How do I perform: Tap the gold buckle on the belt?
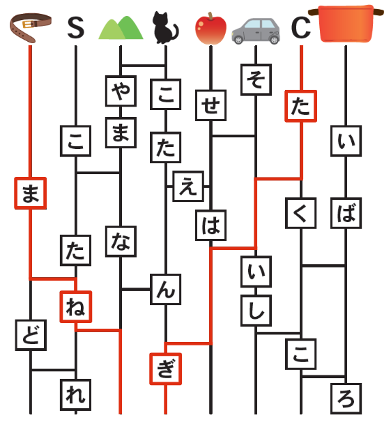point(27,25)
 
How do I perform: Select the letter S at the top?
point(76,28)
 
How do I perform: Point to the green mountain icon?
point(121,28)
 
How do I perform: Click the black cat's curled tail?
point(175,32)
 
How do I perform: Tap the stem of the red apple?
point(210,16)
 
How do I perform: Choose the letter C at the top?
point(301,28)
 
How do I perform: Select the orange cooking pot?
point(346,24)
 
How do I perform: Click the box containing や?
point(121,91)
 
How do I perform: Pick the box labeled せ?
point(211,105)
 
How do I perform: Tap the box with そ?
point(256,79)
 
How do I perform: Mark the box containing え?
point(188,186)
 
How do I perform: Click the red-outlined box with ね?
point(76,306)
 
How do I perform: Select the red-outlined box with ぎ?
point(166,368)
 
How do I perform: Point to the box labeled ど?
point(31,335)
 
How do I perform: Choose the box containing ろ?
point(346,398)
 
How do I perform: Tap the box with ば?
point(346,213)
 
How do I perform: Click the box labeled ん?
point(166,289)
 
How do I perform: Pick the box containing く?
point(301,213)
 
